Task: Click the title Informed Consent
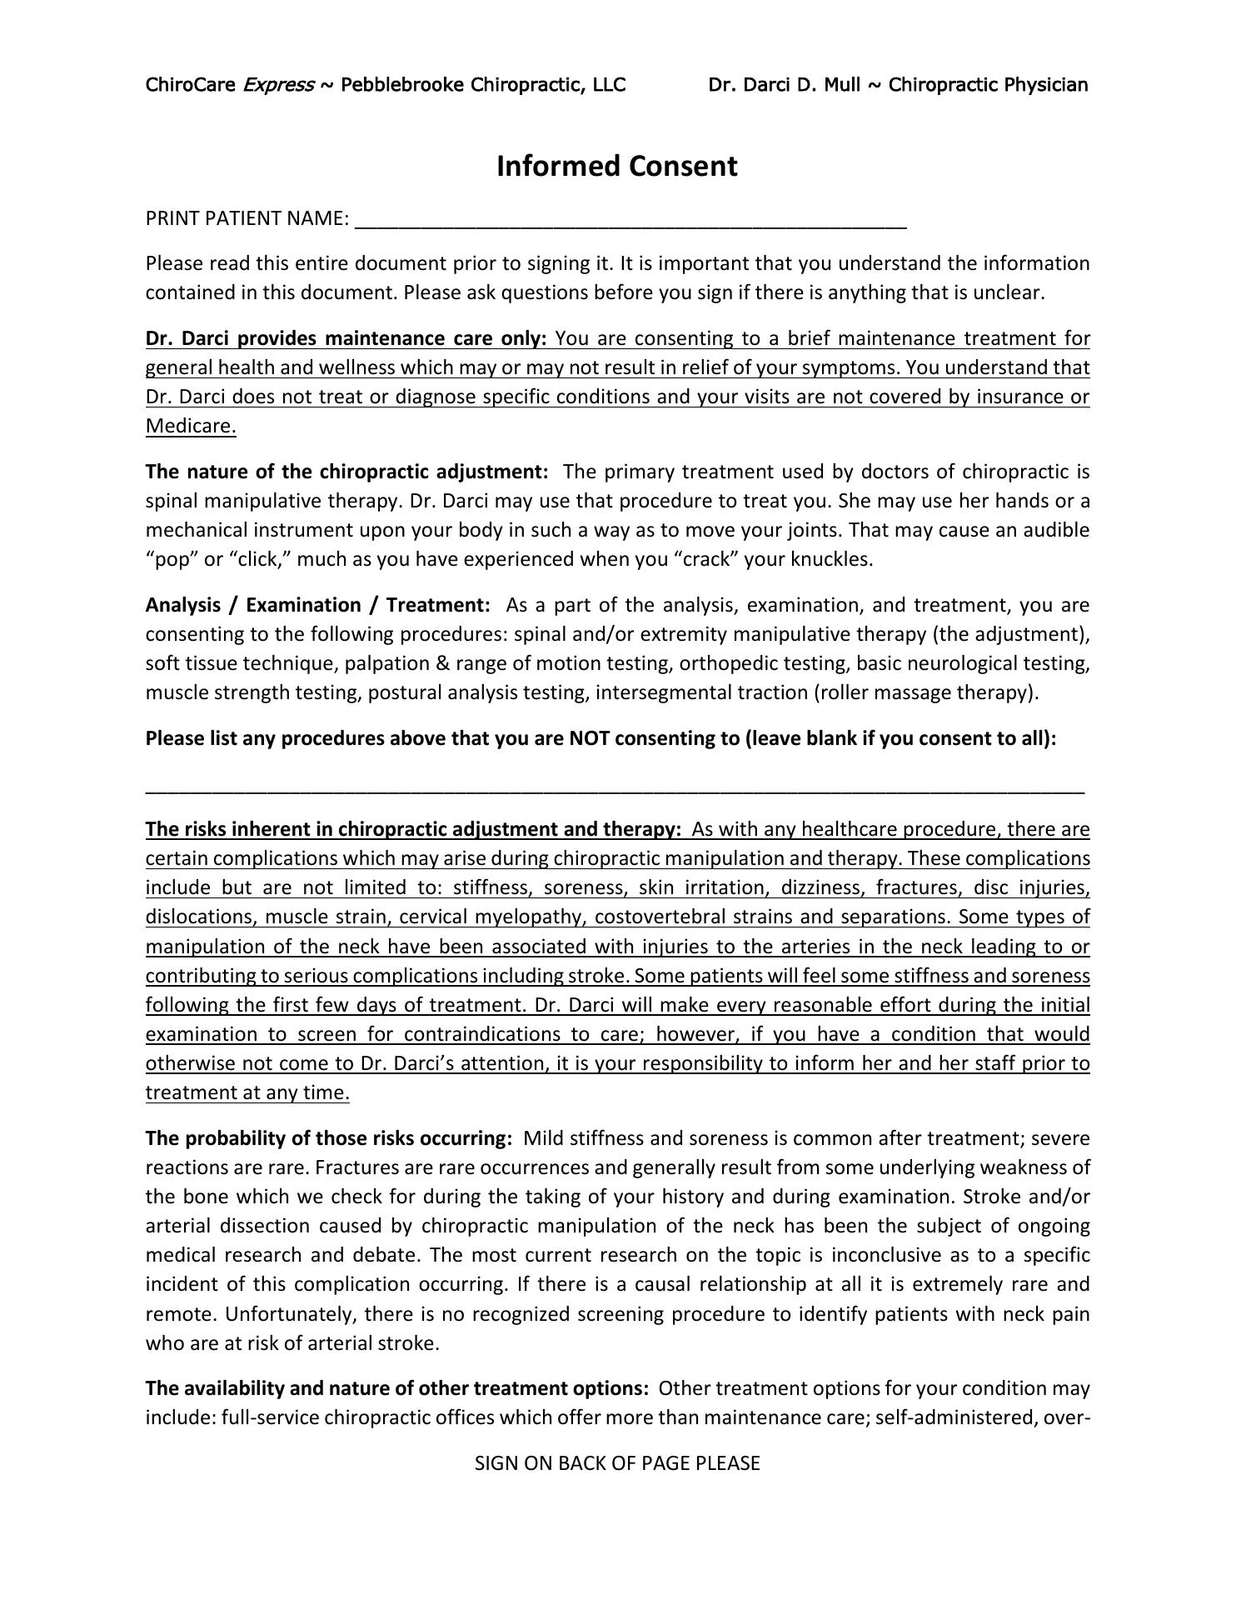[x=616, y=167]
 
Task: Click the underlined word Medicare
[x=191, y=427]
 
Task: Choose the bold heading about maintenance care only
[x=346, y=339]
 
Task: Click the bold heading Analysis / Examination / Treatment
[x=317, y=605]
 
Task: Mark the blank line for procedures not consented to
[x=615, y=789]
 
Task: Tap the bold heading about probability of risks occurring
[x=328, y=1138]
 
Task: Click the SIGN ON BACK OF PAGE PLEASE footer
[x=617, y=1463]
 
